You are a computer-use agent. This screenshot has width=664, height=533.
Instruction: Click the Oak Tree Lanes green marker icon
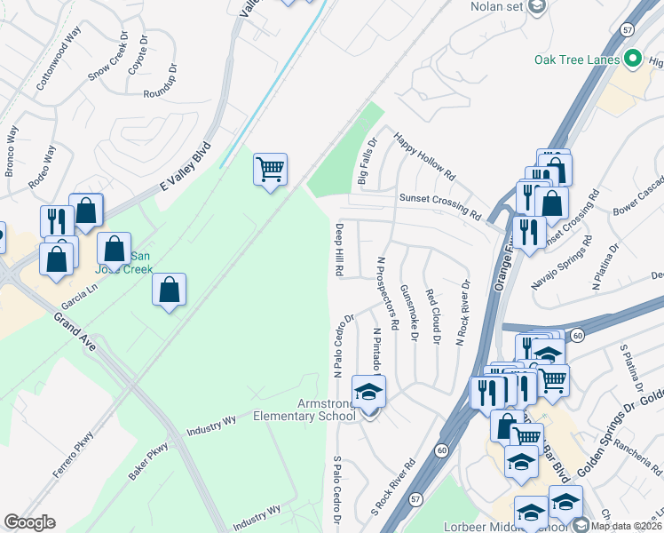[x=633, y=60]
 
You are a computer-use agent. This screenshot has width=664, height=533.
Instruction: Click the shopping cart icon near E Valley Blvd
[x=270, y=169]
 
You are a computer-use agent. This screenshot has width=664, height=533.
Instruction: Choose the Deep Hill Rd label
[x=339, y=249]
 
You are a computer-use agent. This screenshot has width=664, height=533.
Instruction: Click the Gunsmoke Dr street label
[x=409, y=313]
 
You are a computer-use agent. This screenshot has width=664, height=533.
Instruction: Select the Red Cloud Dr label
[x=432, y=316]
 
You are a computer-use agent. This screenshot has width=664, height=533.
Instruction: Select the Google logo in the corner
[x=29, y=522]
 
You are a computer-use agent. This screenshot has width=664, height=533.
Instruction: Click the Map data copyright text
[x=625, y=526]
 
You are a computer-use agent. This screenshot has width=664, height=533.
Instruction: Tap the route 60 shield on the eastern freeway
[x=577, y=335]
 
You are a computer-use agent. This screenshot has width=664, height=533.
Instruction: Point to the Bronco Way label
[x=11, y=151]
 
